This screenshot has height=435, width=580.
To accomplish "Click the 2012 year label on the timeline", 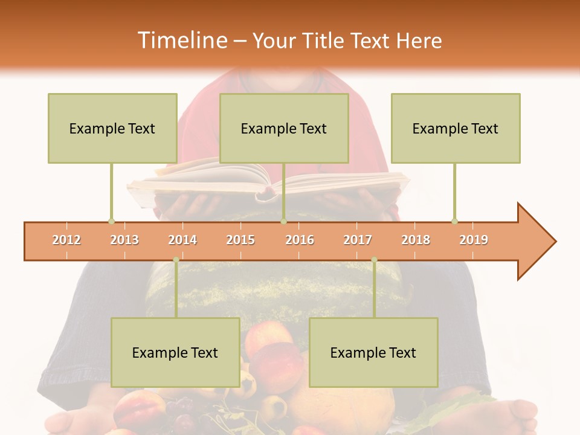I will [x=66, y=240].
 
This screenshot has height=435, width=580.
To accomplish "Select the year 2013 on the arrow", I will [x=124, y=240].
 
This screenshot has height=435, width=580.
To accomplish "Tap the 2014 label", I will [x=182, y=240].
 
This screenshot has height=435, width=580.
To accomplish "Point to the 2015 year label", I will [x=240, y=240].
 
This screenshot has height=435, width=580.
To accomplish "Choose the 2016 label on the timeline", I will [x=300, y=240].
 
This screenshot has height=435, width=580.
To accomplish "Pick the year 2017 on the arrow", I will [x=358, y=240].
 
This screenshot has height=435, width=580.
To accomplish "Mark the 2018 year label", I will [x=416, y=240].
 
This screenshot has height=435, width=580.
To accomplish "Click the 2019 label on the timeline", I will [x=474, y=240].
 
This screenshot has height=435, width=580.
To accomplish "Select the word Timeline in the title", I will [x=181, y=40].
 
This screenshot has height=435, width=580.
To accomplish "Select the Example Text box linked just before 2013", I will [x=112, y=128].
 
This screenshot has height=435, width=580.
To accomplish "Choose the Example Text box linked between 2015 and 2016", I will [x=284, y=128].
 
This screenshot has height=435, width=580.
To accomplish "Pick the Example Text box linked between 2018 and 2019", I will [x=456, y=128].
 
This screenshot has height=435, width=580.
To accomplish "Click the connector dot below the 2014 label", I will [x=176, y=260].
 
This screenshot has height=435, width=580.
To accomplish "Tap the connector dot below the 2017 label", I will [x=374, y=260].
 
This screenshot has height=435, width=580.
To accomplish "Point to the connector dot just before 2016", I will [x=283, y=221].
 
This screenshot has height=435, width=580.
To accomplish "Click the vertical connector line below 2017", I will [x=374, y=290].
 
